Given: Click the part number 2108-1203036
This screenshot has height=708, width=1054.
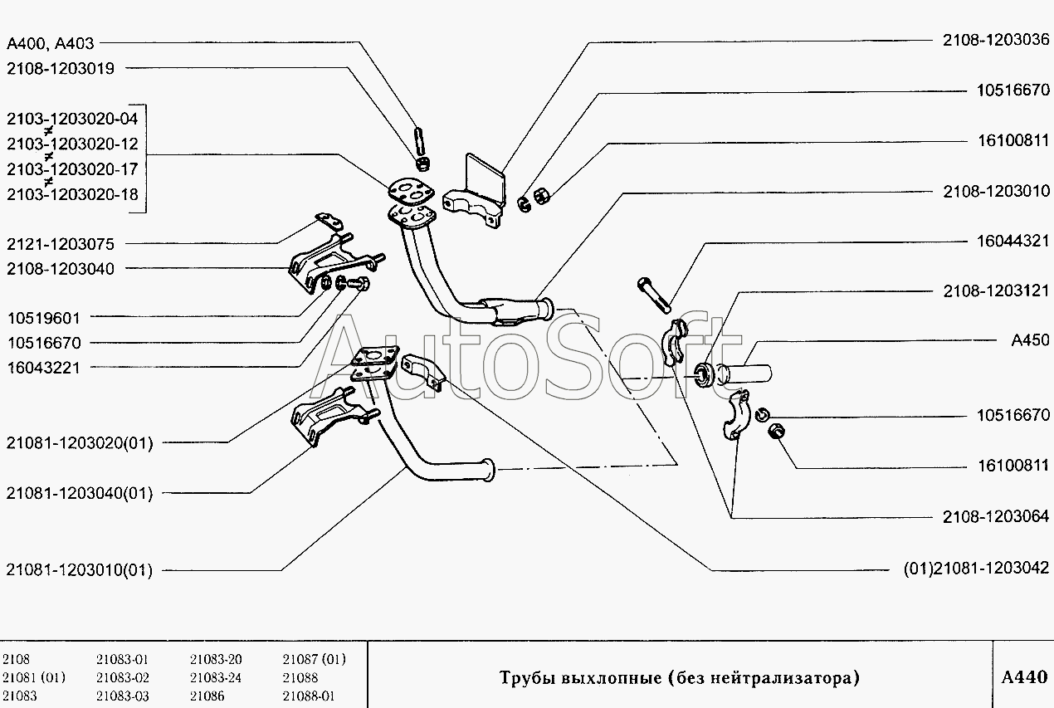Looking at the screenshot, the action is pyautogui.click(x=996, y=40).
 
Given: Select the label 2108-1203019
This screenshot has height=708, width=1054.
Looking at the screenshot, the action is pyautogui.click(x=61, y=69).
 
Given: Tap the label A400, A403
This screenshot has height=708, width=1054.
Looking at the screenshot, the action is pyautogui.click(x=50, y=44).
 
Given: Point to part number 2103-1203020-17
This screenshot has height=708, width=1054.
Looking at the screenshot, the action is pyautogui.click(x=72, y=169).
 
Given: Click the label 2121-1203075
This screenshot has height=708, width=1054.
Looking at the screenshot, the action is pyautogui.click(x=61, y=244).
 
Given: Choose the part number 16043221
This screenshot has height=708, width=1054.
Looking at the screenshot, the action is pyautogui.click(x=44, y=368).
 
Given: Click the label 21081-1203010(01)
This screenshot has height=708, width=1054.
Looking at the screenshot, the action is pyautogui.click(x=80, y=570).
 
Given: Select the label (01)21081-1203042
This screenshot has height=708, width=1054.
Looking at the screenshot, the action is pyautogui.click(x=976, y=569).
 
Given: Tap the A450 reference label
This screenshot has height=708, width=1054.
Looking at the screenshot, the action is pyautogui.click(x=1030, y=340).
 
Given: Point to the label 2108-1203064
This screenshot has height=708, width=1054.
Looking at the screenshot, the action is pyautogui.click(x=996, y=516).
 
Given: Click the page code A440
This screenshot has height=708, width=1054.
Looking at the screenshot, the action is pyautogui.click(x=1024, y=677).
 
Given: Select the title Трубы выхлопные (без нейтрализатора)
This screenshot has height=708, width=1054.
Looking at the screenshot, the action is pyautogui.click(x=680, y=678).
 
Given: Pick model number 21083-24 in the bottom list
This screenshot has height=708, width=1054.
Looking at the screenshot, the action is pyautogui.click(x=216, y=678).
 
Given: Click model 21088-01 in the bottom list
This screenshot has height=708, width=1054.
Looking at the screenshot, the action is pyautogui.click(x=308, y=696).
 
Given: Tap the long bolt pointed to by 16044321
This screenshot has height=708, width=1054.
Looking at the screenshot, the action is pyautogui.click(x=654, y=295).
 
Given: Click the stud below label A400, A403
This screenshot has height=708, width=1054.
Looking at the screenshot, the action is pyautogui.click(x=420, y=141).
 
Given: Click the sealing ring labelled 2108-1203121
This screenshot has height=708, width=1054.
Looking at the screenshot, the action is pyautogui.click(x=705, y=375).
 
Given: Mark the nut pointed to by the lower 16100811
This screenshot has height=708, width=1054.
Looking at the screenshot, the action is pyautogui.click(x=776, y=431).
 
